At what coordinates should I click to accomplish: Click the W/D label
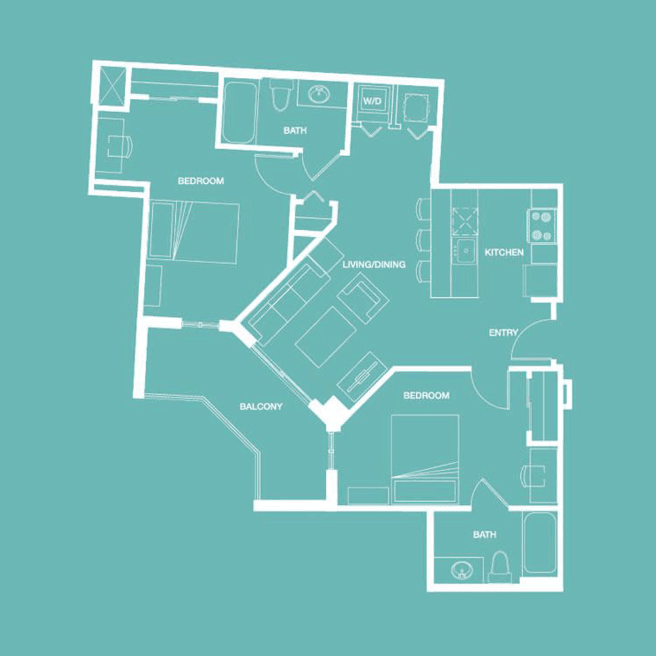373,101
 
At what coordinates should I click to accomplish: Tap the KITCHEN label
504,253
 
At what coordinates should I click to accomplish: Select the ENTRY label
504,333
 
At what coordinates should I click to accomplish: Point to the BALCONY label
261,406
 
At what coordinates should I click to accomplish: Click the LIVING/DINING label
374,264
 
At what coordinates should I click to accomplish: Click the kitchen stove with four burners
541,226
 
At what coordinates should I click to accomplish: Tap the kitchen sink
465,251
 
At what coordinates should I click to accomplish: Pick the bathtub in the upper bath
239,113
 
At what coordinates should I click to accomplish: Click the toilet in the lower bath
499,567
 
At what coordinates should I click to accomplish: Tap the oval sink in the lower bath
461,571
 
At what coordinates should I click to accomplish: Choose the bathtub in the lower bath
540,543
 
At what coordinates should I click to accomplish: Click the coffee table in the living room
326,337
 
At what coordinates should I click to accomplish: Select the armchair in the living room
363,297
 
